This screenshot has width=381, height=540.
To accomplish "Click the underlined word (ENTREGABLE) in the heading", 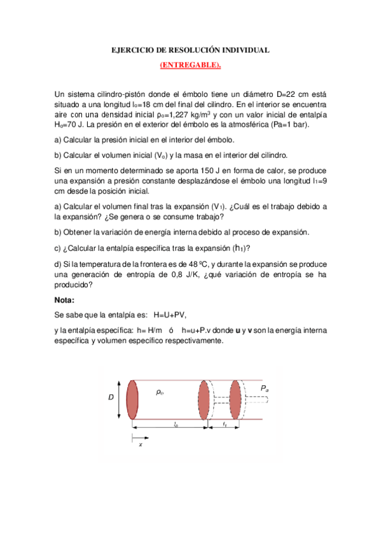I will (190, 64).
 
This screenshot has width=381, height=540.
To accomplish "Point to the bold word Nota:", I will (66, 299).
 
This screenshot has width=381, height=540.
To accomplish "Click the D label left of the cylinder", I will (111, 397).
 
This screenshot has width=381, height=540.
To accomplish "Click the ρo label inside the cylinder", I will (160, 392).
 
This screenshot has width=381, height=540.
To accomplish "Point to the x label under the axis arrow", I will (140, 444).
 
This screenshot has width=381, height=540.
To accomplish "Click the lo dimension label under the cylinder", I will (174, 423).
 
